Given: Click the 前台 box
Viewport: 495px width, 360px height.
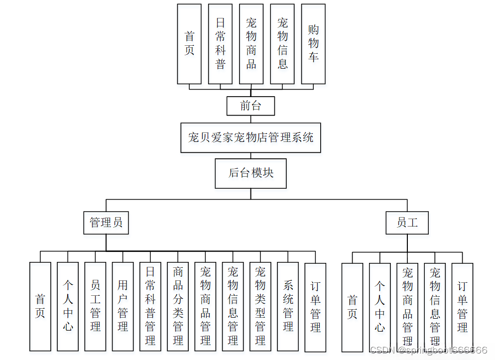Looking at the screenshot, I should click(x=250, y=106).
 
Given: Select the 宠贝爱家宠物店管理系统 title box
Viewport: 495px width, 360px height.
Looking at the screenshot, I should click(x=250, y=137).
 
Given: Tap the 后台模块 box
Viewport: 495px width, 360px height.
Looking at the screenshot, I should click(x=250, y=173).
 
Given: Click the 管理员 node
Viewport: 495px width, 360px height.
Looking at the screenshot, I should click(x=106, y=223).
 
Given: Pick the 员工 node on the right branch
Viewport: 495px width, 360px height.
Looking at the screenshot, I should click(x=407, y=223).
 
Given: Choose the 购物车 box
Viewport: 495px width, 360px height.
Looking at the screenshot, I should click(x=313, y=44).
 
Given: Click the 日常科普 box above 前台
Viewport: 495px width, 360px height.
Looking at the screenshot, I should click(x=220, y=44).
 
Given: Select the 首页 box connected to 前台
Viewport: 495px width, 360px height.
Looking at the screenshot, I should click(x=189, y=44).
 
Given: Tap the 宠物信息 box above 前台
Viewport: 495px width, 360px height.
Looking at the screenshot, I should click(x=282, y=44).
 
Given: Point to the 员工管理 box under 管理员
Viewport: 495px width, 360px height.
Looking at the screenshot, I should click(x=95, y=306).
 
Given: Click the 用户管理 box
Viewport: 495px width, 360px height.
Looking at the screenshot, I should click(x=123, y=306).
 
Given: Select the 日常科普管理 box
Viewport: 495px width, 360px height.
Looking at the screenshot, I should click(x=150, y=306).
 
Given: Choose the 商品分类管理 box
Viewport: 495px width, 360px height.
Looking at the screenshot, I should click(x=178, y=306).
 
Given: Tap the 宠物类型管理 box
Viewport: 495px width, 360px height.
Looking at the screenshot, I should click(x=260, y=306).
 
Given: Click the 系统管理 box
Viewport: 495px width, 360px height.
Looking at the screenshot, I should click(x=288, y=306).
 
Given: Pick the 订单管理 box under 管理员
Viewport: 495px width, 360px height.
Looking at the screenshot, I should click(x=315, y=306).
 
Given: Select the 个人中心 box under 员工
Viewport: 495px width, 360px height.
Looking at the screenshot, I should click(x=379, y=307).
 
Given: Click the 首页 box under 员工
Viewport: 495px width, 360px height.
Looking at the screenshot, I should click(x=352, y=307).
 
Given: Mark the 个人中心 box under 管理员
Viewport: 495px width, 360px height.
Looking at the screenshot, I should click(x=68, y=306).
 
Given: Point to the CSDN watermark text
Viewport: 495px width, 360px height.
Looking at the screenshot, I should click(x=429, y=350).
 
